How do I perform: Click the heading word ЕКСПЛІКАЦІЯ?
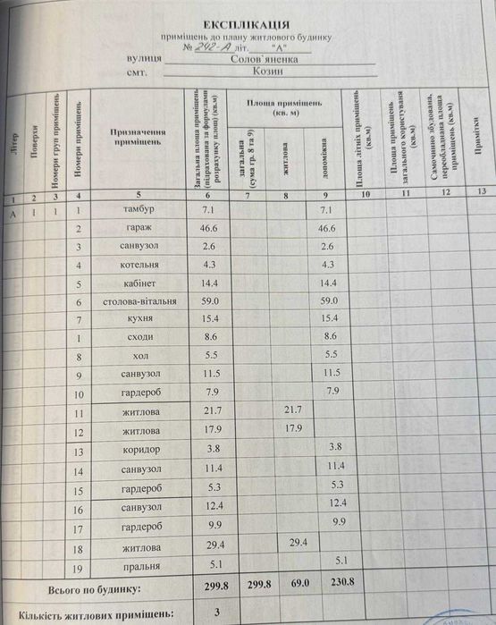click(x=247, y=24)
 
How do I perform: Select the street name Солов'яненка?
click(x=271, y=60)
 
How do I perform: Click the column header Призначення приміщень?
click(x=137, y=137)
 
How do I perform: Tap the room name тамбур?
click(x=140, y=209)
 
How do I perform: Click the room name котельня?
click(x=140, y=265)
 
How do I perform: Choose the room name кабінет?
click(x=140, y=283)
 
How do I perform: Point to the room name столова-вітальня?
click(x=140, y=301)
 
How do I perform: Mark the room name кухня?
click(x=140, y=319)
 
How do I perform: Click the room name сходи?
click(x=140, y=338)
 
